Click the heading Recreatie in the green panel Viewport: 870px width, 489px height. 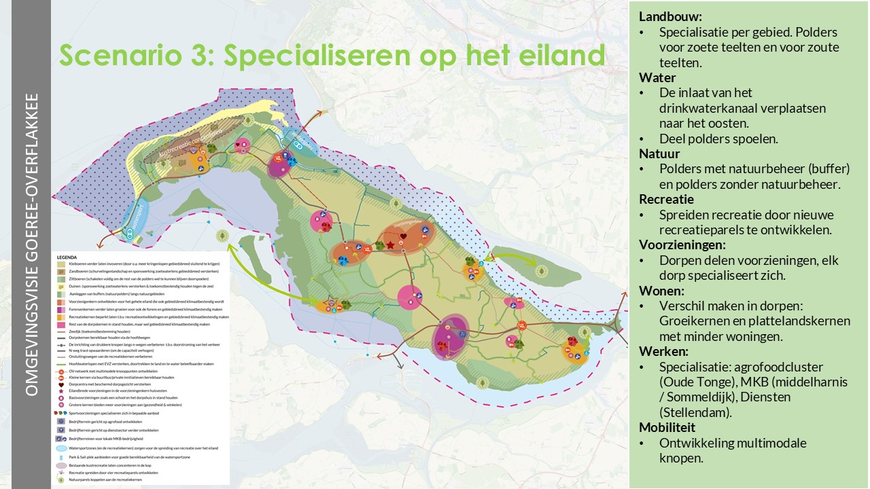(x=665, y=199)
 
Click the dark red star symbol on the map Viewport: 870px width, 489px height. (x=391, y=244)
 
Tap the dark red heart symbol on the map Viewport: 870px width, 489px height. (x=402, y=236)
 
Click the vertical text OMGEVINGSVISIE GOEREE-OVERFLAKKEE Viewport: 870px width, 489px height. (x=31, y=244)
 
